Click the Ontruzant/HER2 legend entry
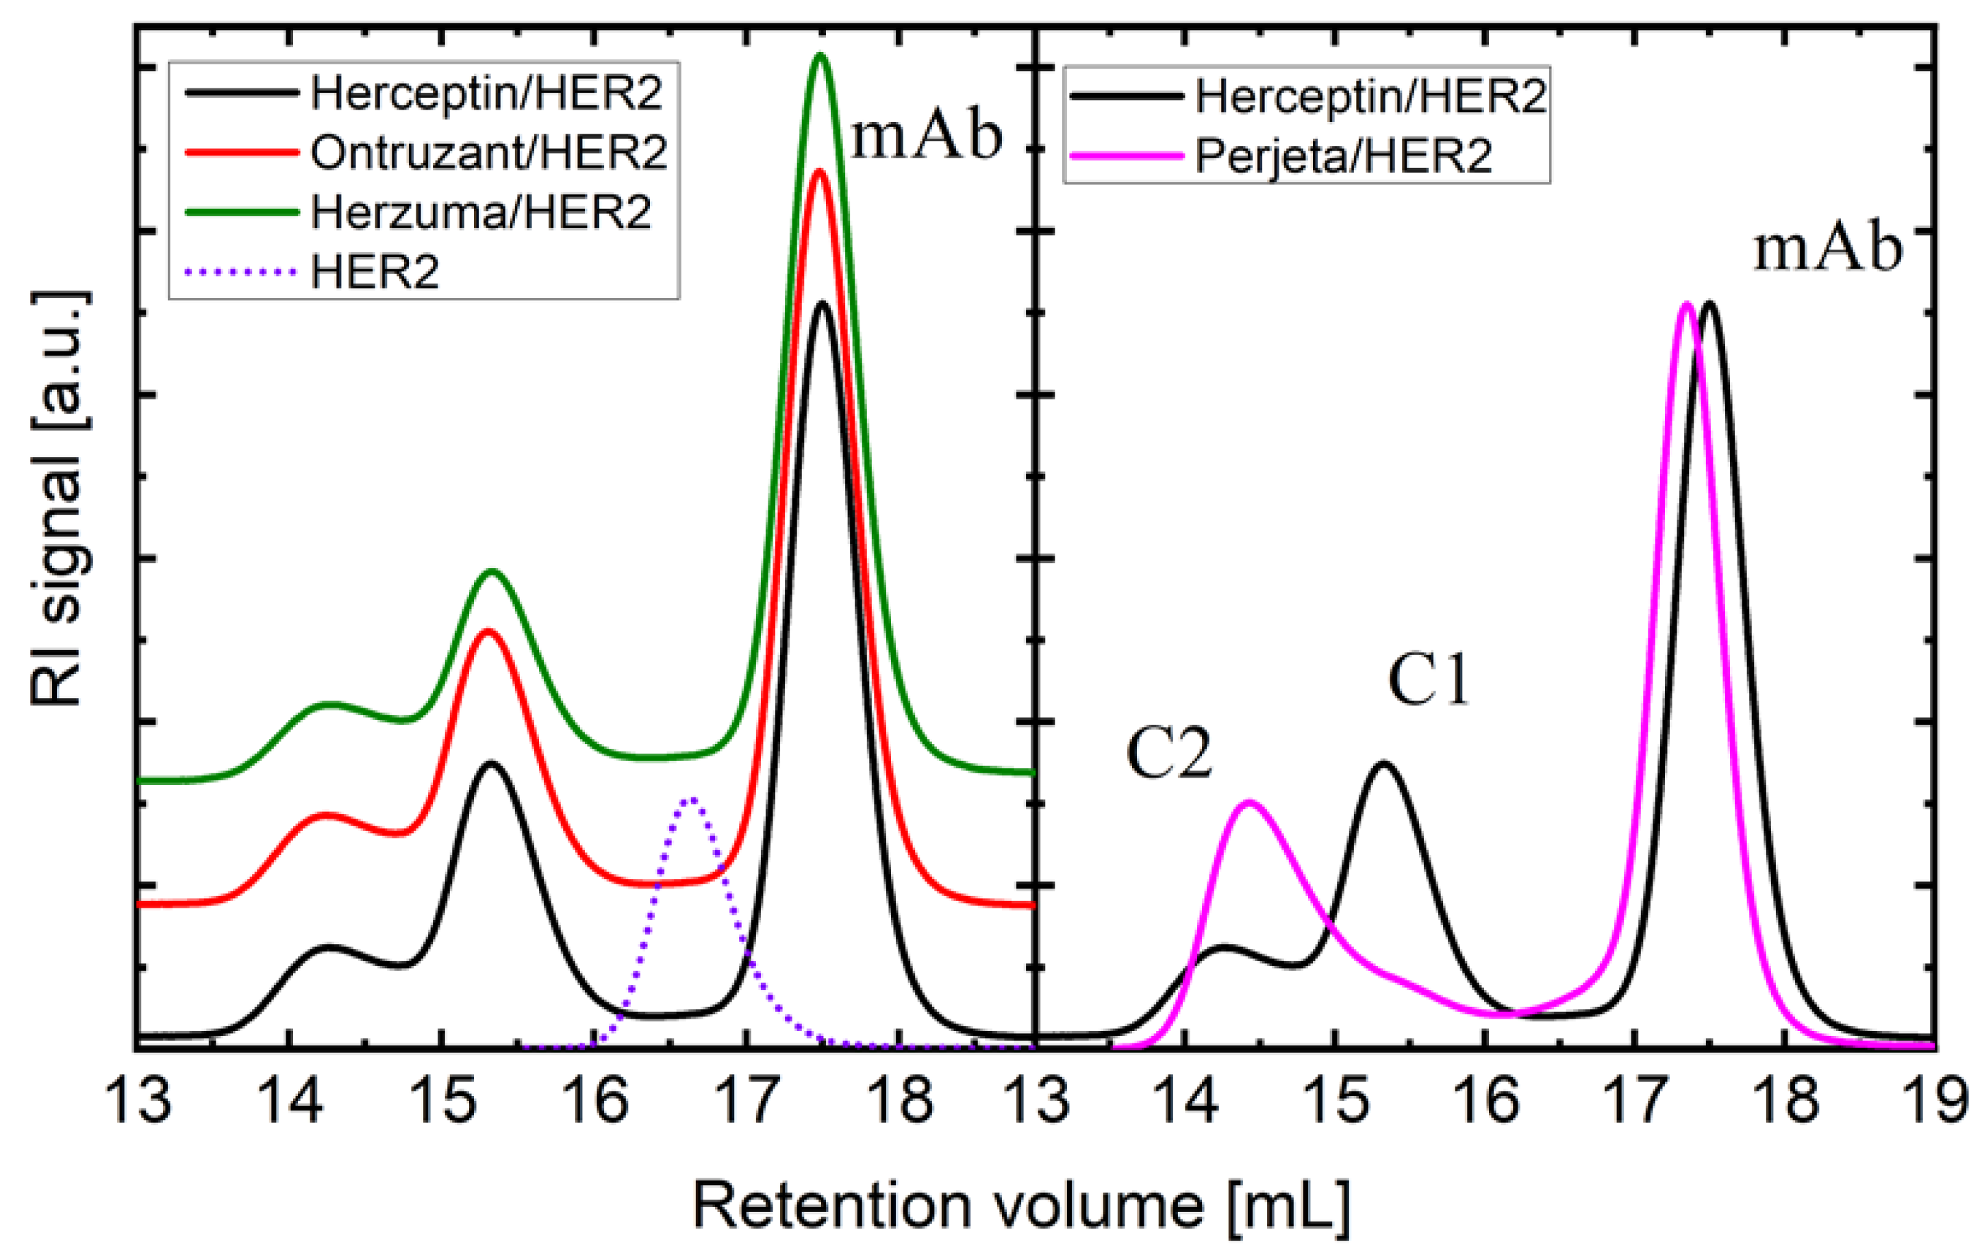click(488, 153)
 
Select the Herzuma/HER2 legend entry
click(481, 212)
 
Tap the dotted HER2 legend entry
click(375, 272)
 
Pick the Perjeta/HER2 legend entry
click(1342, 155)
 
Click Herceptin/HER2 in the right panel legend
click(1370, 97)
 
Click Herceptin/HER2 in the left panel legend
click(486, 94)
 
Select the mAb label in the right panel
click(1828, 249)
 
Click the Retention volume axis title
click(1021, 1207)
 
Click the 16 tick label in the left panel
click(594, 1103)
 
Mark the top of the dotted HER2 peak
click(692, 799)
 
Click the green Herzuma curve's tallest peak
click(820, 55)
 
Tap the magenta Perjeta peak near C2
click(1249, 801)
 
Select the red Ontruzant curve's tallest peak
click(818, 171)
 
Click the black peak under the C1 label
click(1383, 763)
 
